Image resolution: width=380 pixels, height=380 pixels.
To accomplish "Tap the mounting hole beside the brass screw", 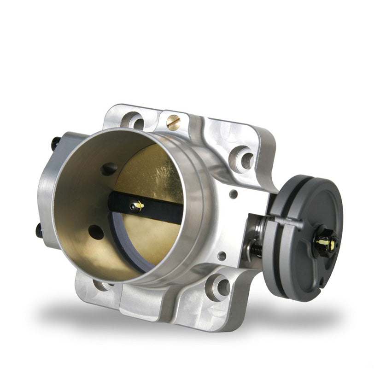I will pos(134,122).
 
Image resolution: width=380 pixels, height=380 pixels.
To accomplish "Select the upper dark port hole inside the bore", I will pos(109,169).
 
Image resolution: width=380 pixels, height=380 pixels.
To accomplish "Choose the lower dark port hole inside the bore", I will pos(96,232).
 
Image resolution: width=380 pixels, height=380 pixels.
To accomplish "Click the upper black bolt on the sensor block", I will pos(55,143).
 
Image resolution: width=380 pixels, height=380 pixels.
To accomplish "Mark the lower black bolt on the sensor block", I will pos(40,230).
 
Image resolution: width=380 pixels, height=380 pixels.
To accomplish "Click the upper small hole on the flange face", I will pos(234,194).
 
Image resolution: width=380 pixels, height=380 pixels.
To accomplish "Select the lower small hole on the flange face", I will pos(222,256).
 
